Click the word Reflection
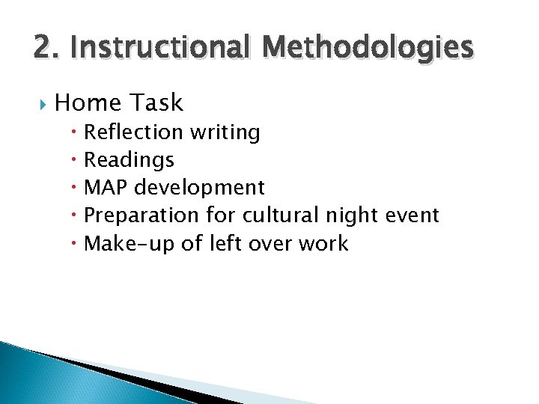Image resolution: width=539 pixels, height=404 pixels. [x=133, y=132]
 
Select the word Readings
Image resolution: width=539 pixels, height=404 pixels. [x=129, y=160]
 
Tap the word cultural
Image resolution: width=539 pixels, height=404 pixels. [x=281, y=215]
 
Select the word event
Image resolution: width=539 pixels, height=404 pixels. [x=414, y=215]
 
